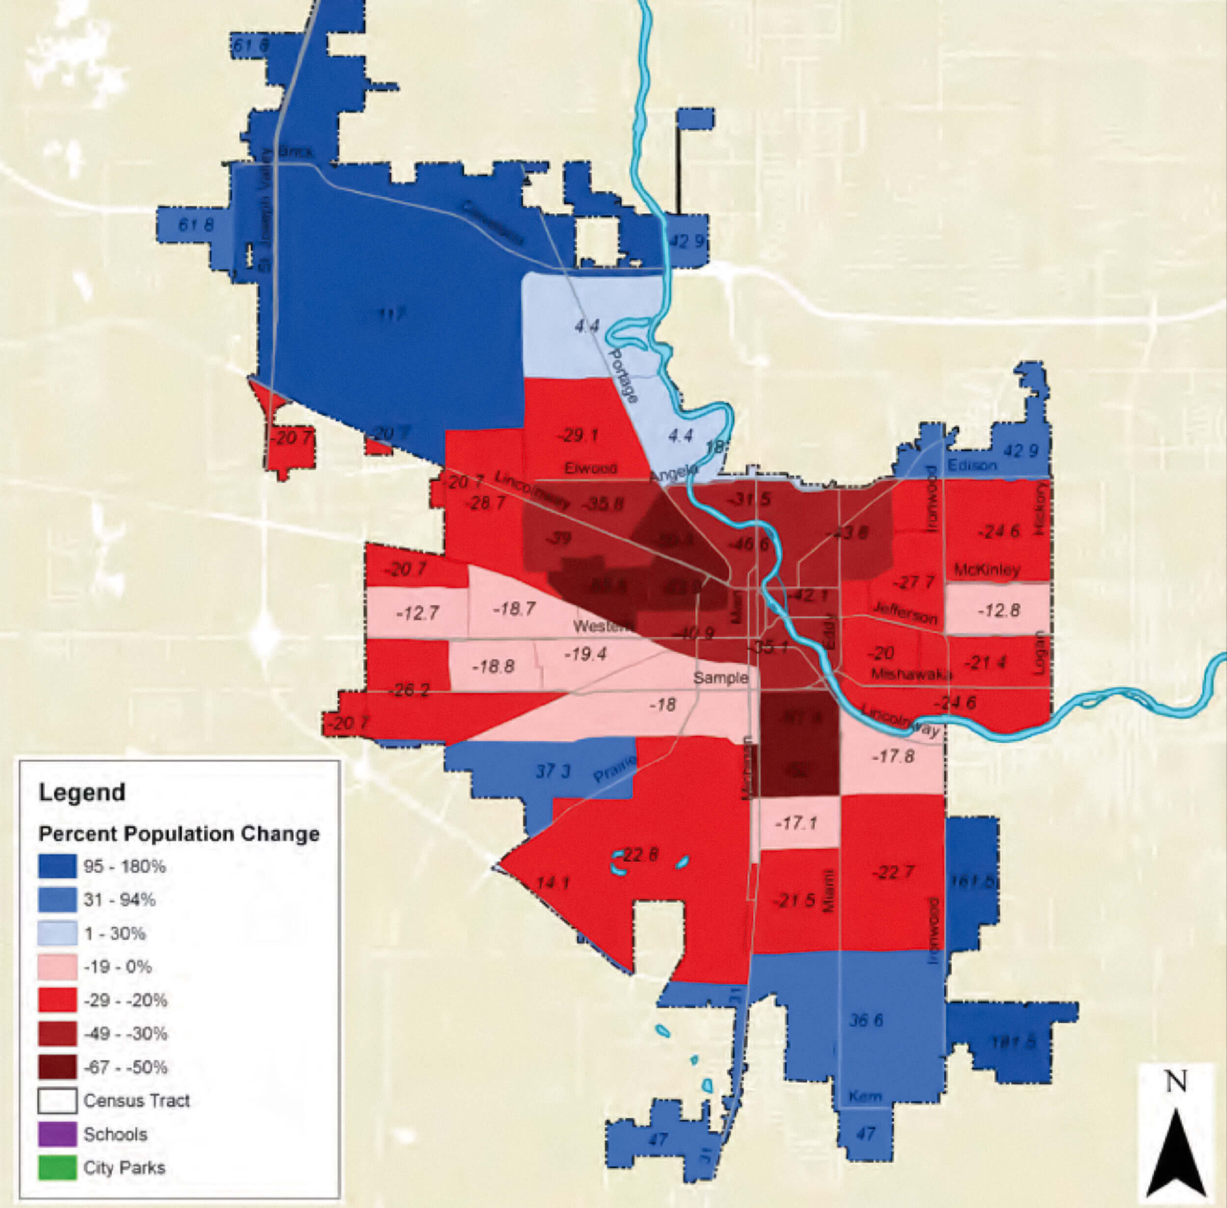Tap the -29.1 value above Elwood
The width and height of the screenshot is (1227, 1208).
(578, 435)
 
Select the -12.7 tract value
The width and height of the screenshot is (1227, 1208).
(417, 613)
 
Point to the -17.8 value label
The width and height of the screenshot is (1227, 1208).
(893, 756)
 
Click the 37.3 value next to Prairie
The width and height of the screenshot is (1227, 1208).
(553, 771)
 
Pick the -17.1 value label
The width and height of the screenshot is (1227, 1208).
(796, 823)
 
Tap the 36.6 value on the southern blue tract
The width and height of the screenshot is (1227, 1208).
(866, 1021)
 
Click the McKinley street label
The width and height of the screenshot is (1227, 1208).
(987, 569)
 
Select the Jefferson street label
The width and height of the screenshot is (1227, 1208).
(905, 612)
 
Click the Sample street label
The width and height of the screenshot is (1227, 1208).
(720, 678)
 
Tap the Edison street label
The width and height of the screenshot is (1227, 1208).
(971, 465)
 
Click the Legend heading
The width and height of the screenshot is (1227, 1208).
(82, 792)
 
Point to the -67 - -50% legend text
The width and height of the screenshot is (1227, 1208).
(126, 1067)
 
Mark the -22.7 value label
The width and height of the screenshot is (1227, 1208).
(893, 873)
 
